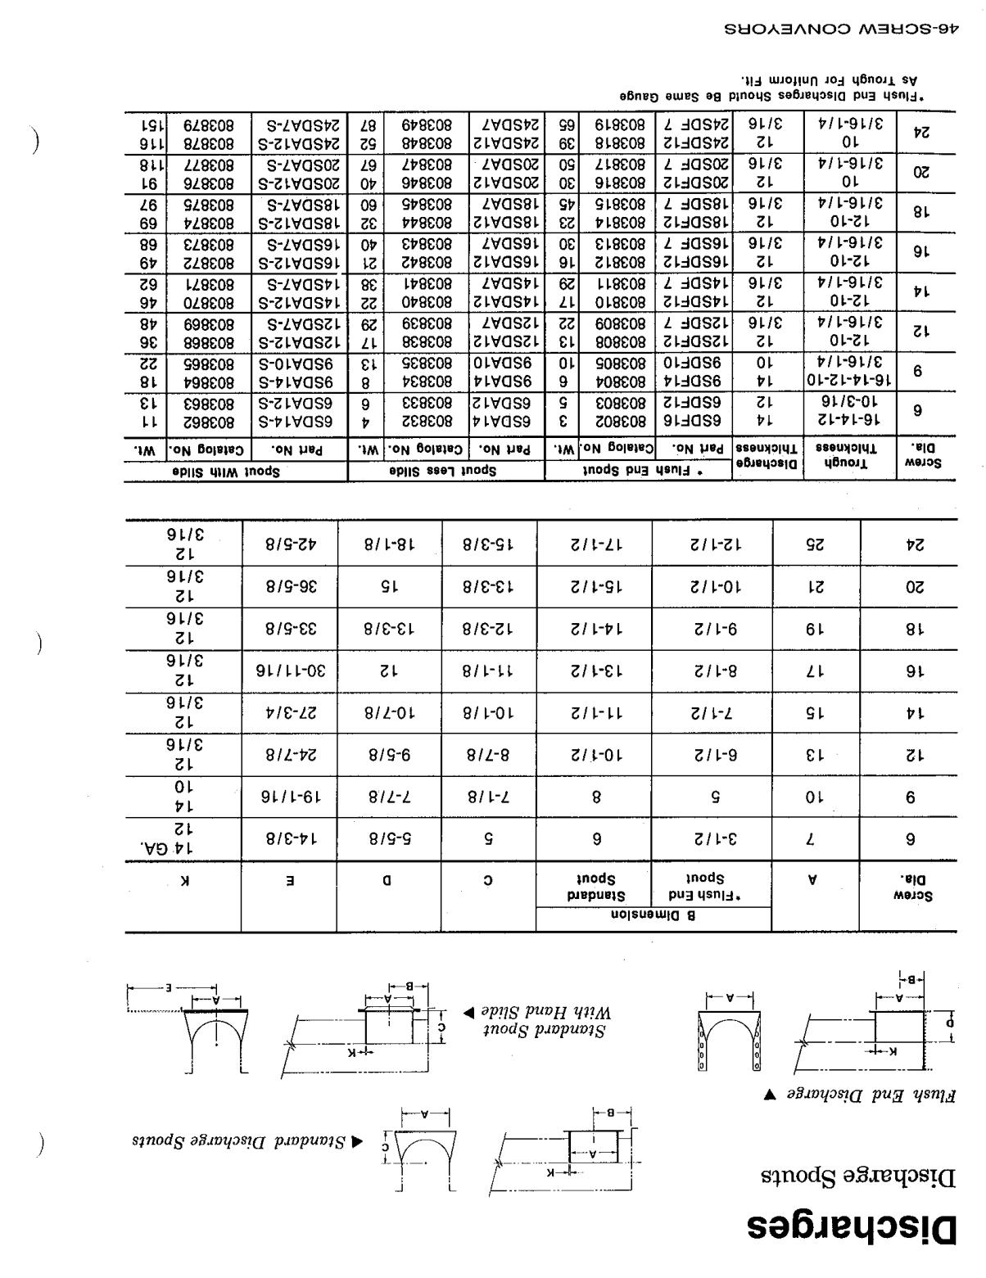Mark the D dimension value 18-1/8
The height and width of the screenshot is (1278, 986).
coord(389,544)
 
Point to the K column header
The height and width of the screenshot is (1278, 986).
coord(185,881)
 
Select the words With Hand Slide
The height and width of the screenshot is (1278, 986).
coord(540,1012)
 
